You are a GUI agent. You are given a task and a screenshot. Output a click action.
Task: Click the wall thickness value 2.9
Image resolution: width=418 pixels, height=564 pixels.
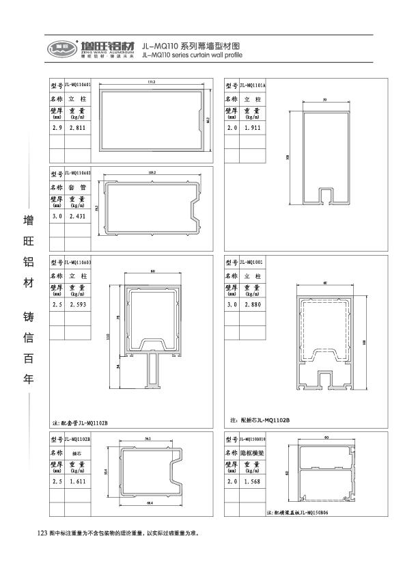(x=57, y=128)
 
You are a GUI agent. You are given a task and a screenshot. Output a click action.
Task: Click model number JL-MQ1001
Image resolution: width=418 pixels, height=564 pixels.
(x=251, y=262)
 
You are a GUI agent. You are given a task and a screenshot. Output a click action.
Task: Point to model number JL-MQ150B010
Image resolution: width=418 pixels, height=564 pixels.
(x=253, y=438)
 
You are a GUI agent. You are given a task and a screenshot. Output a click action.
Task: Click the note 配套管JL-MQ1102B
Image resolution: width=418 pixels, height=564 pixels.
(x=80, y=423)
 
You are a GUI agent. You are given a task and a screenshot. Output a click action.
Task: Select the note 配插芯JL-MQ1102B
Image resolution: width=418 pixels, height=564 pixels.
(x=260, y=419)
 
